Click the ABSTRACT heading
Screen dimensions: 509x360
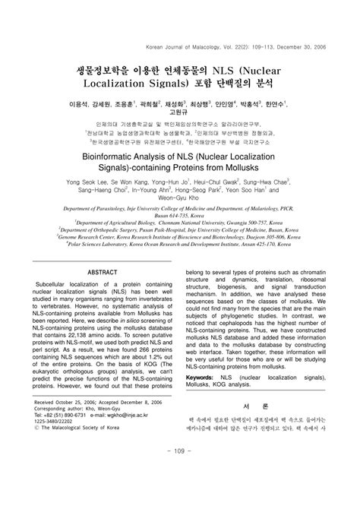103,292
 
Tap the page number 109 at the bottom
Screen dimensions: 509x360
180,494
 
